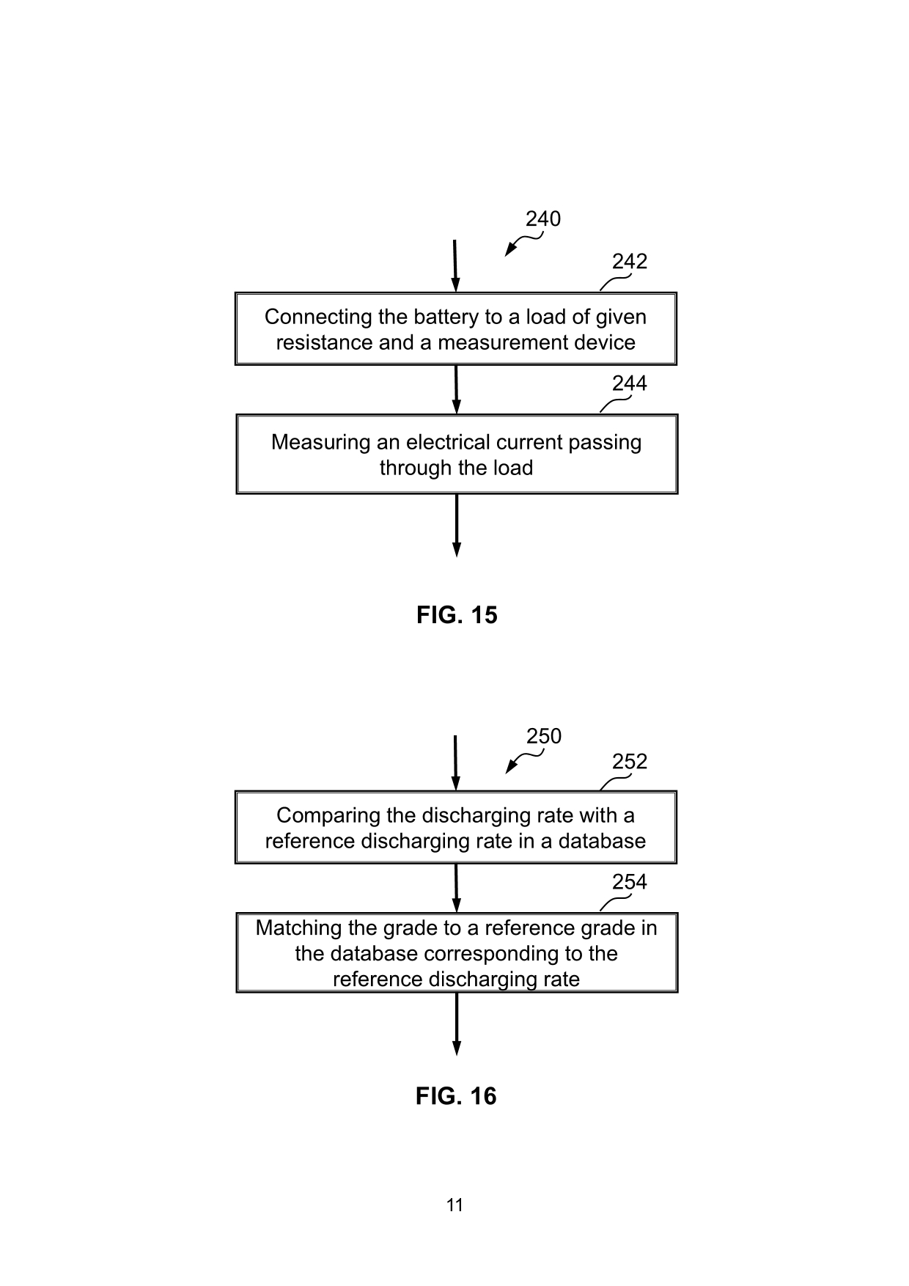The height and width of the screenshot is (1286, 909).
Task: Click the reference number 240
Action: click(543, 218)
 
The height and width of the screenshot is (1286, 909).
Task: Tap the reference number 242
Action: click(630, 262)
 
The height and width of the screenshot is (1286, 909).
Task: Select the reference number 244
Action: click(630, 383)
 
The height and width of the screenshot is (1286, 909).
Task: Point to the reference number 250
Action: click(544, 736)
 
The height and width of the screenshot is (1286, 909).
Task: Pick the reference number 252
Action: click(630, 762)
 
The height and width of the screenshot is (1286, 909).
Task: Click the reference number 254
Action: click(630, 882)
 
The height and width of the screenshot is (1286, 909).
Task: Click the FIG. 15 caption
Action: click(457, 614)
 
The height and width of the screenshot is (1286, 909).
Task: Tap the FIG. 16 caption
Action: click(456, 1096)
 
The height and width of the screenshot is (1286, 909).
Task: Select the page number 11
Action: click(454, 1205)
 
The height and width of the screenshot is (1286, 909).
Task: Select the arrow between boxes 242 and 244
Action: click(457, 389)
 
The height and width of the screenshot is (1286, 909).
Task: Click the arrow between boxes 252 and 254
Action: click(457, 888)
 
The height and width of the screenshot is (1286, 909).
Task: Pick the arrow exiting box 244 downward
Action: click(457, 525)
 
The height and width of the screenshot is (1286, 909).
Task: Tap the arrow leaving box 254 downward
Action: click(457, 1024)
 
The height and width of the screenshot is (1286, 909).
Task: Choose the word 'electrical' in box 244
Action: click(448, 442)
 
